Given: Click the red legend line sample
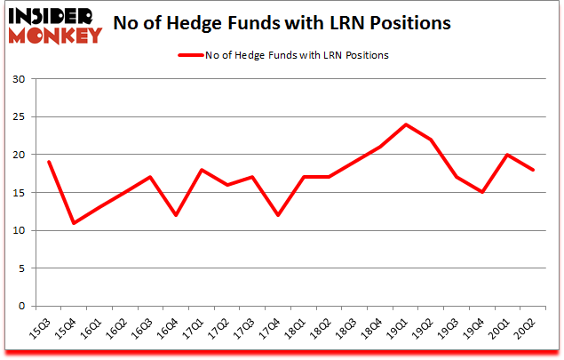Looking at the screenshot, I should pos(192,55).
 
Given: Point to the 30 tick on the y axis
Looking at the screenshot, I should pos(20,80).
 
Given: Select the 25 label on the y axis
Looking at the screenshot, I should pos(20,117).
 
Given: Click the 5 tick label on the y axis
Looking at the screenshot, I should pos(22,268).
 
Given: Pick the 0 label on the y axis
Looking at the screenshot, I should pos(22,307).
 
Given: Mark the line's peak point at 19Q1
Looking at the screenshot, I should pos(406,124).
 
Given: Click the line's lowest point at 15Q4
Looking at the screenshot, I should pos(74,222).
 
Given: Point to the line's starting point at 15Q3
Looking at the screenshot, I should pos(48,162).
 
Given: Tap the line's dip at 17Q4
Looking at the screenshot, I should pos(278,215).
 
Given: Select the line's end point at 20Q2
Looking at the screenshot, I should pos(534,170).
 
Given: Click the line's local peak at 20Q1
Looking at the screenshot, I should pos(508,155).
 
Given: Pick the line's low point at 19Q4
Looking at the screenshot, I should pos(482,192).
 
